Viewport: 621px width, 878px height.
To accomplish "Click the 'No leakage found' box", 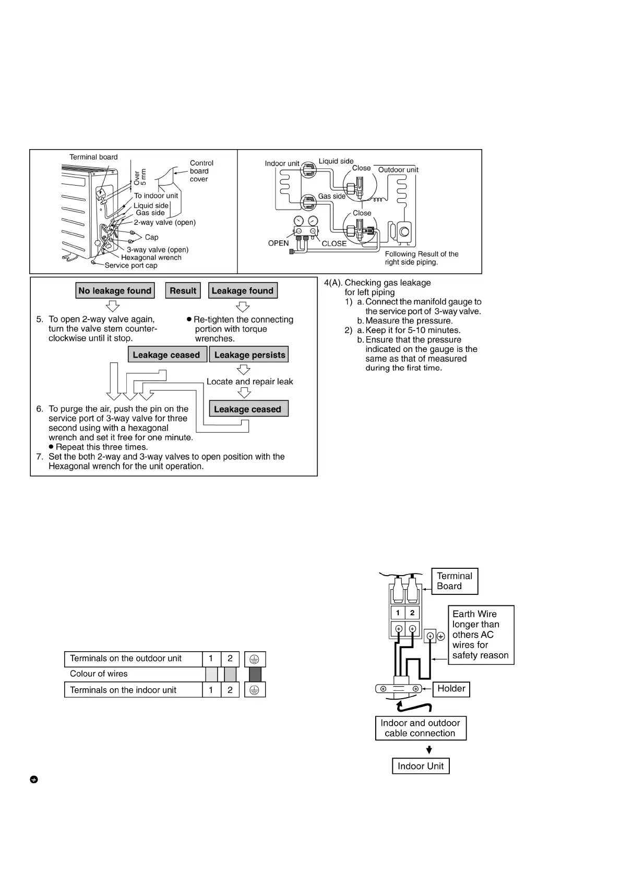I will point(115,290).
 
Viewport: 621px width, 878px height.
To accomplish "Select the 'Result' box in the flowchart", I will point(183,290).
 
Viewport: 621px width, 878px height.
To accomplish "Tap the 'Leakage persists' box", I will point(249,355).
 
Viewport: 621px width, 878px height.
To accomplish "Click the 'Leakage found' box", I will point(243,290).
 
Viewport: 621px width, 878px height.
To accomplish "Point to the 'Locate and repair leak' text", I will point(249,382).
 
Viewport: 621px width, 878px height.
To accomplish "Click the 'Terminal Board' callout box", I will point(455,581).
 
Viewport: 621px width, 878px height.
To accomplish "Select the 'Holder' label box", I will point(451,689).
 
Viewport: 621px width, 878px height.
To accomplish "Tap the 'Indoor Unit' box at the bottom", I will point(421,766).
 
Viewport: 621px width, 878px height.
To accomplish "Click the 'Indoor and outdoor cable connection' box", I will point(421,728).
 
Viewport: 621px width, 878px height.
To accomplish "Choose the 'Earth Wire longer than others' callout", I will point(481,635).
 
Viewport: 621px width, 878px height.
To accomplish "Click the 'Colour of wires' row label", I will point(99,674).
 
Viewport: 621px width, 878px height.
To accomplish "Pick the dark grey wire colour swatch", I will point(255,674).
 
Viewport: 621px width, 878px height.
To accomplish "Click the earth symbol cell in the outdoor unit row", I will point(255,659).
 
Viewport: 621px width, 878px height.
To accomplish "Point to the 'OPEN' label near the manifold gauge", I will point(278,243).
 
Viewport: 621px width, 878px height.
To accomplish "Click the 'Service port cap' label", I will point(131,265).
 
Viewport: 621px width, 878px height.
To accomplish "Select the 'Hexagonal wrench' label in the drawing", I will point(151,258).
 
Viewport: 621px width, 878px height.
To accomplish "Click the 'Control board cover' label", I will point(201,171).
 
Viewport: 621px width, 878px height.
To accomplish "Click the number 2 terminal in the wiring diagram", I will point(412,613).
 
